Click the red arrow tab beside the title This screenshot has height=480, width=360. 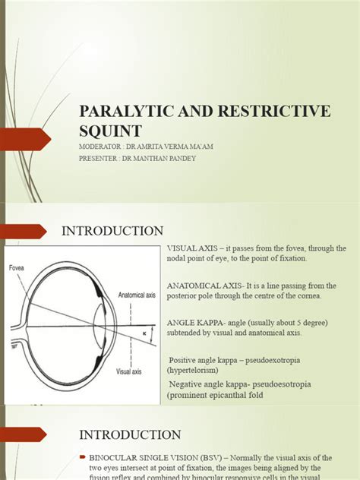[x=26, y=140]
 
